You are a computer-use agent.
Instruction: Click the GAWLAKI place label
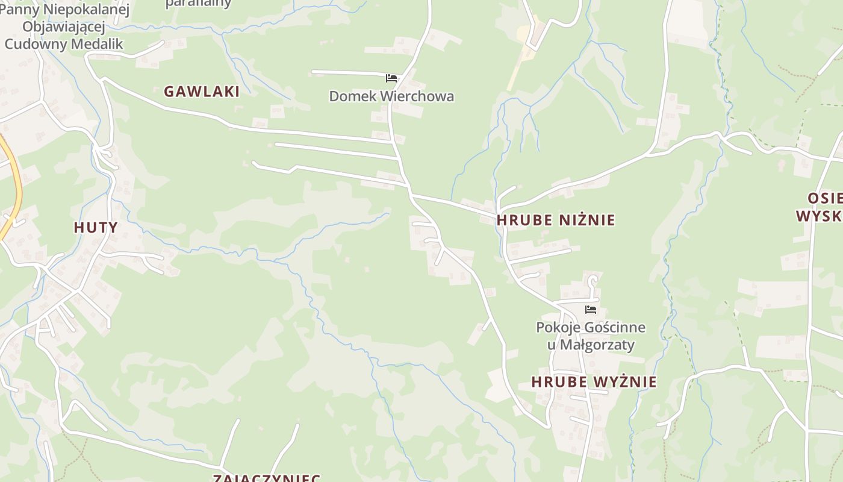202,92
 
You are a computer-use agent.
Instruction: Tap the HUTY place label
96,227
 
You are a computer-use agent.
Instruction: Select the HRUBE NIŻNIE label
556,220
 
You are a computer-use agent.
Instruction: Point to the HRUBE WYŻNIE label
594,382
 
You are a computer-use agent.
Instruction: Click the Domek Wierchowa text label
391,96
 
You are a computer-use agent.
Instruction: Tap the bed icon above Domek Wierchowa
391,78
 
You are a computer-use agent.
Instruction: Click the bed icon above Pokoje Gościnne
591,310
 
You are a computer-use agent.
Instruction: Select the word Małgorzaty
598,345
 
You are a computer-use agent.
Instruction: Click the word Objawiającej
64,27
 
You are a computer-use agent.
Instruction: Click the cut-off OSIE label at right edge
825,199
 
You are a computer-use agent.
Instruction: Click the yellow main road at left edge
16,193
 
